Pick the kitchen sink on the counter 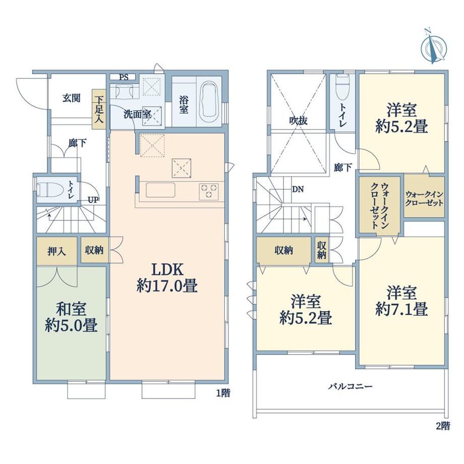[160, 190]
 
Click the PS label [124, 77]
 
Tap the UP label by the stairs [93, 200]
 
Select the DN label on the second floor [298, 189]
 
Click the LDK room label [167, 270]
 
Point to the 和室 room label [71, 309]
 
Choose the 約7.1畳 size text [401, 309]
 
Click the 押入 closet [57, 251]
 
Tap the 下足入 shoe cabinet [99, 109]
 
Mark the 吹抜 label [298, 121]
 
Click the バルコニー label [351, 386]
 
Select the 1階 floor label [222, 393]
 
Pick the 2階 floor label [443, 426]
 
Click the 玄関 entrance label [71, 98]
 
